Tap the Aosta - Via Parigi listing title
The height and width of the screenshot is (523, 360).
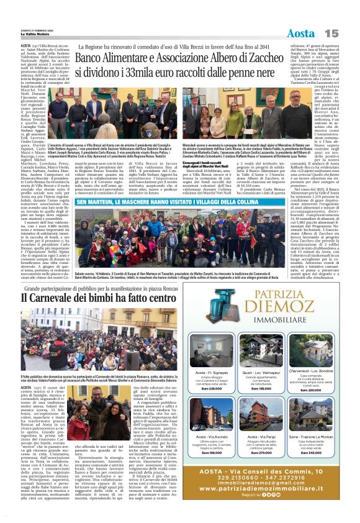(x=260, y=437)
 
